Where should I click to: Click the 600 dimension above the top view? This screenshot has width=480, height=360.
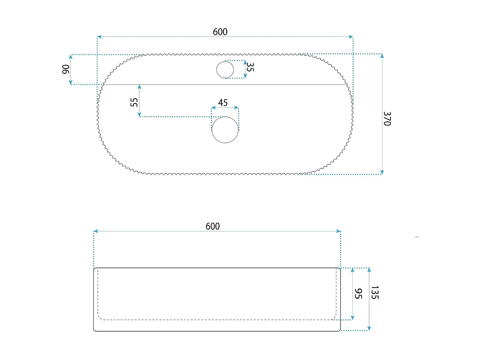tap(220, 32)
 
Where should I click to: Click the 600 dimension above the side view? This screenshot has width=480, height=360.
tap(212, 226)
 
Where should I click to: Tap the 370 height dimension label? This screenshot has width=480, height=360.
tap(387, 119)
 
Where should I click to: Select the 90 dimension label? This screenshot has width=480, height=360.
tap(66, 69)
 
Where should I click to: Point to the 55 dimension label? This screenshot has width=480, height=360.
tap(134, 102)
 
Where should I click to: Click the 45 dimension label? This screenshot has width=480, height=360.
tap(223, 103)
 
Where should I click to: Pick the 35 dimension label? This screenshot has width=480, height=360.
tap(250, 67)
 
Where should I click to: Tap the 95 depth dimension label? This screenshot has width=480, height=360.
tap(358, 293)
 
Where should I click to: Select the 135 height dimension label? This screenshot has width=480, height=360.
tap(375, 292)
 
